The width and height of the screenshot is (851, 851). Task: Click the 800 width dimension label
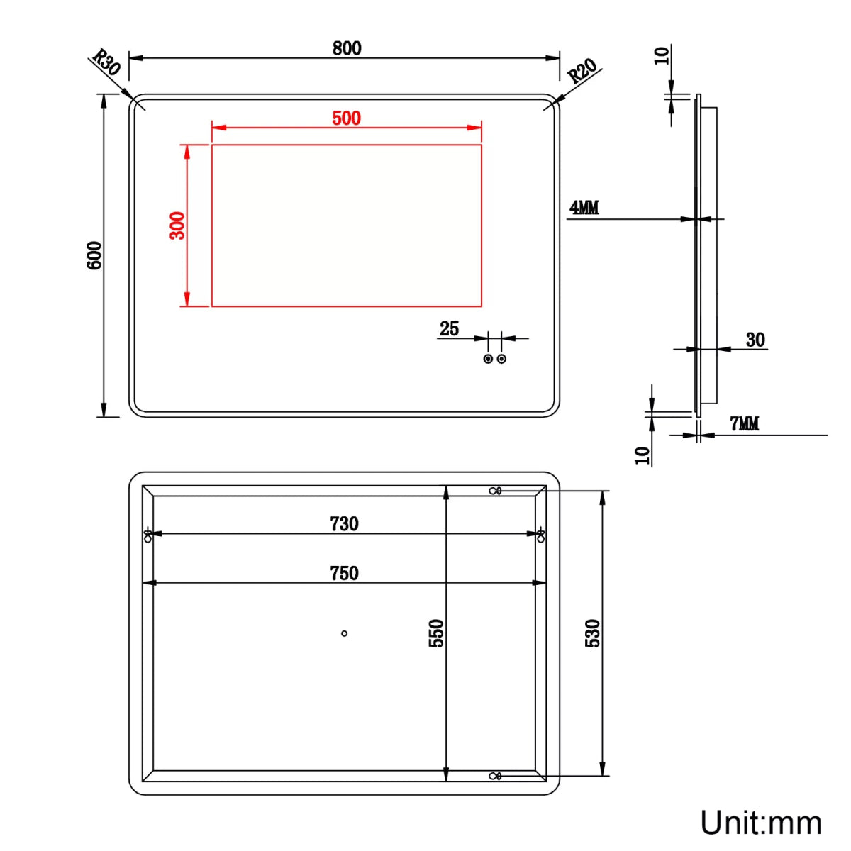[347, 48]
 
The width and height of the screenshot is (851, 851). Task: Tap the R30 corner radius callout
[106, 62]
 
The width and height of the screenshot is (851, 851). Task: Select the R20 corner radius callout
[582, 71]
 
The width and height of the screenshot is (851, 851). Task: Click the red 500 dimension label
[346, 118]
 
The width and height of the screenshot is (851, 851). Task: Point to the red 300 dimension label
[177, 226]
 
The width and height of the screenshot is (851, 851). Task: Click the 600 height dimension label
[94, 255]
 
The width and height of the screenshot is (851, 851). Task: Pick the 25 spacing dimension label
[449, 328]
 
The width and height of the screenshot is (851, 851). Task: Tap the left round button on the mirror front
[488, 359]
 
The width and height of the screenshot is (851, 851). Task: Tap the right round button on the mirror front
[501, 359]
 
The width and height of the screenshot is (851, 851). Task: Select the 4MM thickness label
[584, 207]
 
